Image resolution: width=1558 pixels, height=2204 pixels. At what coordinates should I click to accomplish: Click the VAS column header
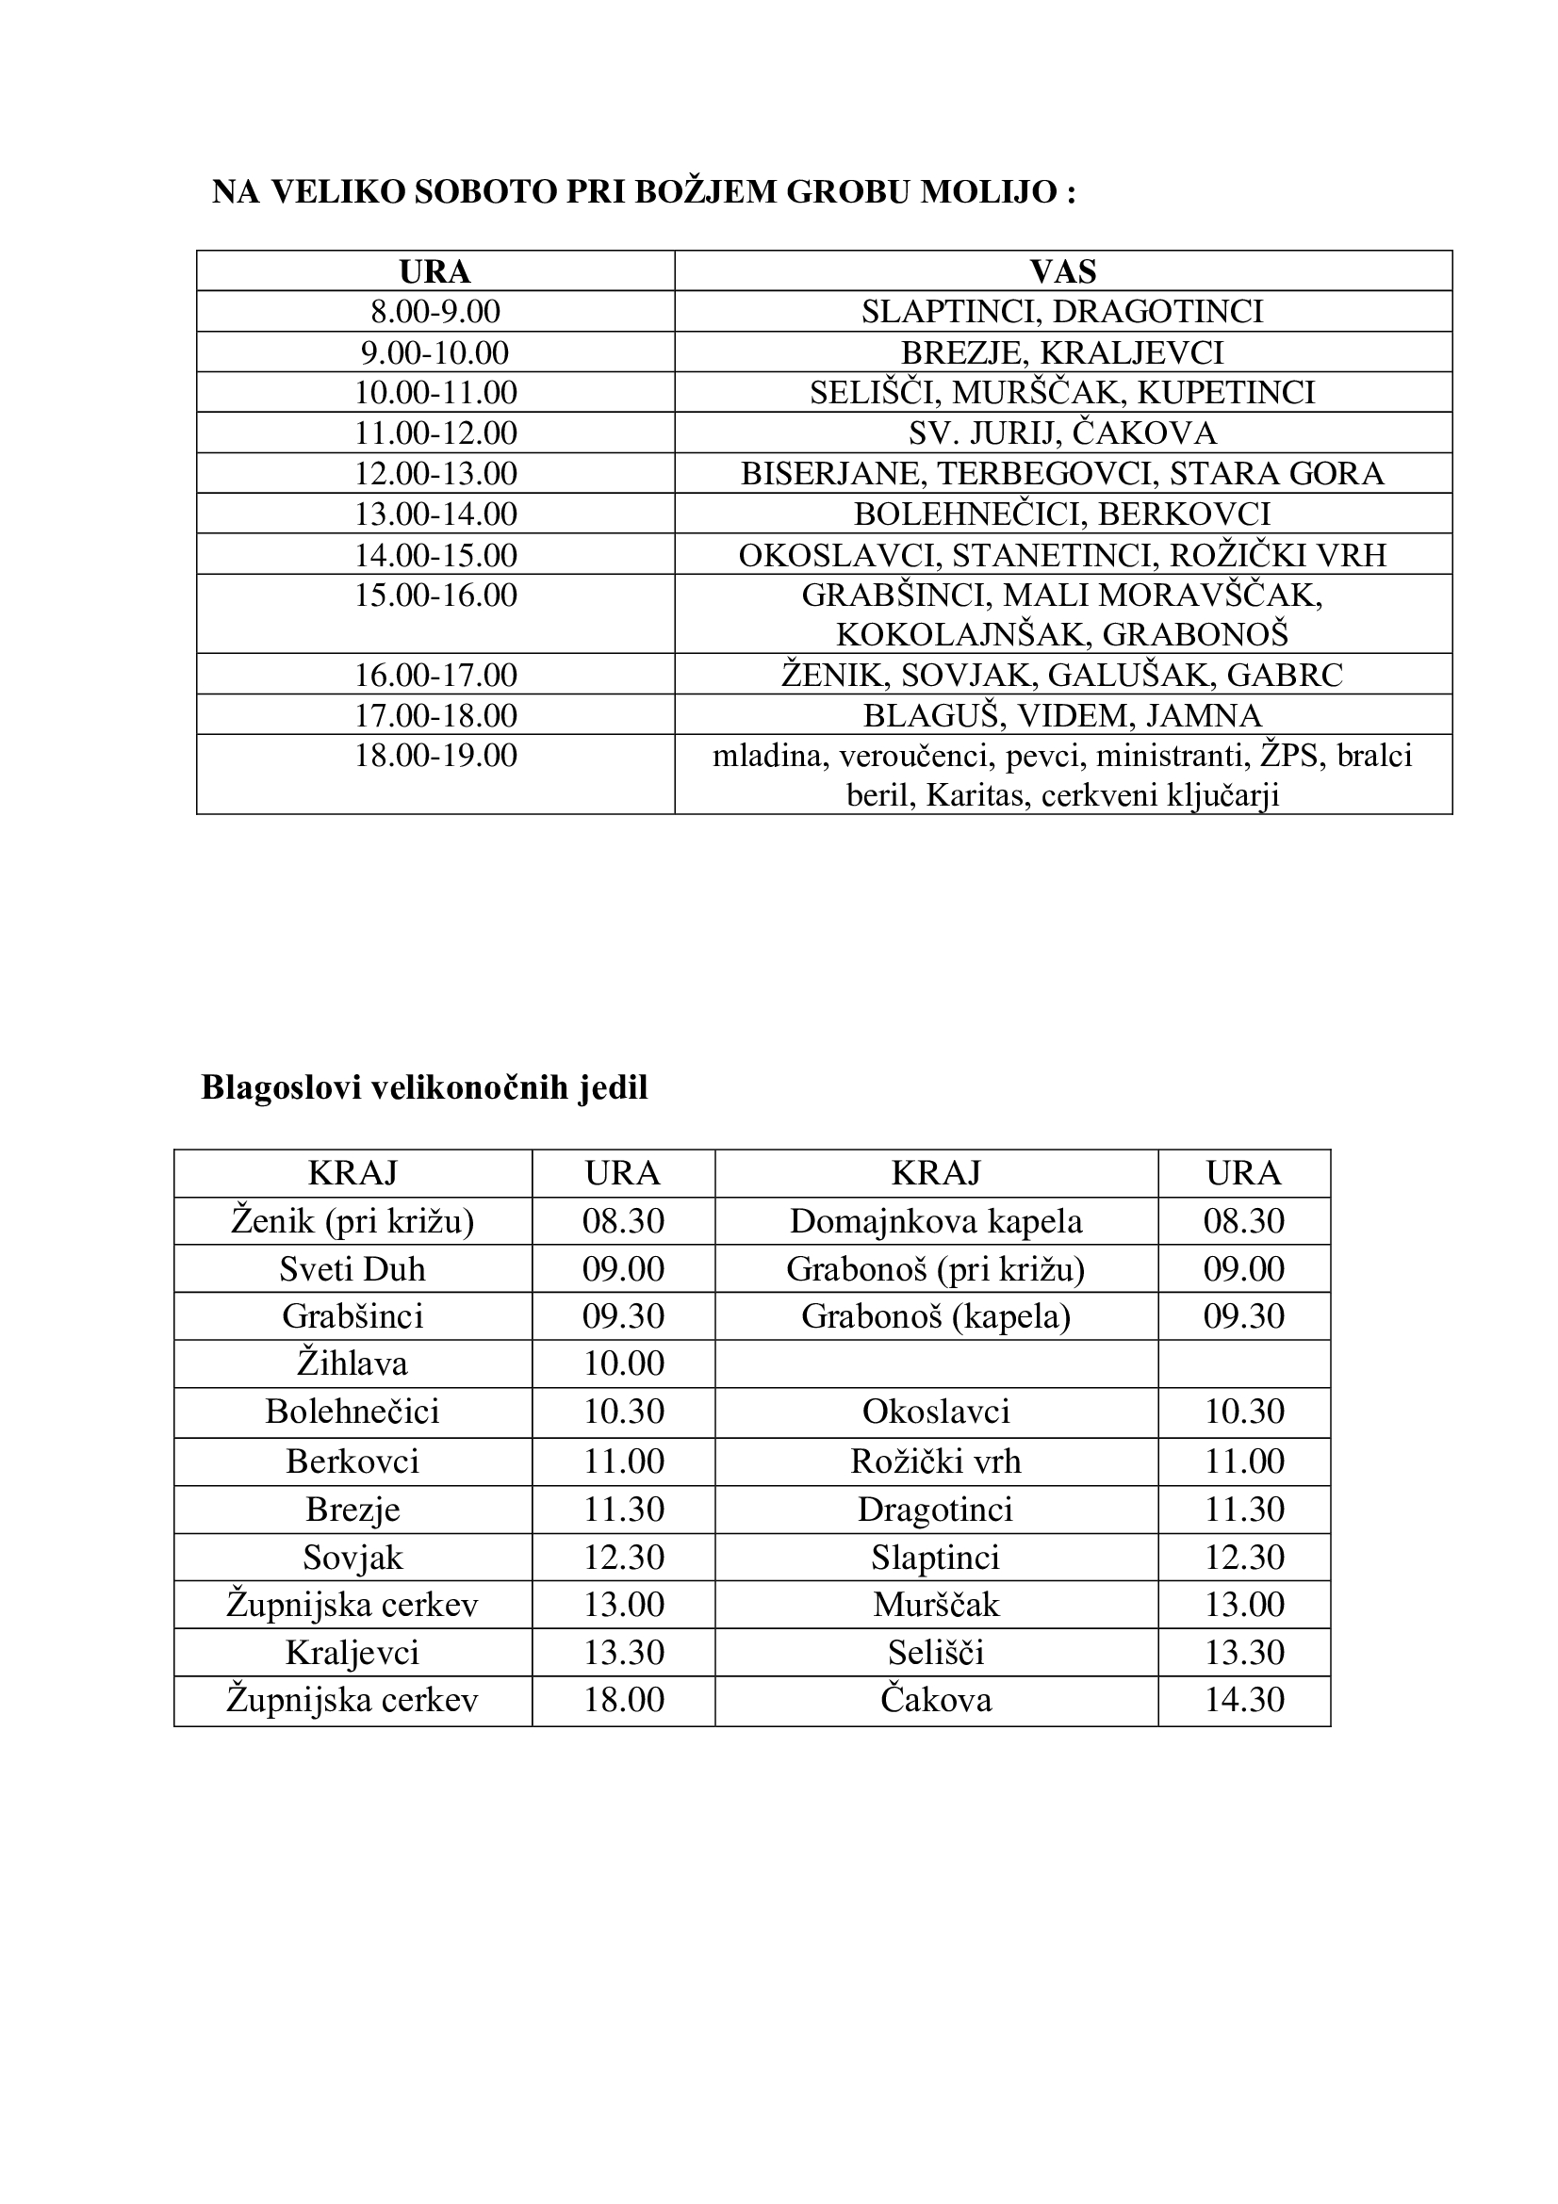1062,271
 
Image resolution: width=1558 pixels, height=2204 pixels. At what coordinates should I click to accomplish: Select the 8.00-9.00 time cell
435,312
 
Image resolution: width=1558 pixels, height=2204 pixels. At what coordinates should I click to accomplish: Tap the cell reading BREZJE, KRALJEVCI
1062,352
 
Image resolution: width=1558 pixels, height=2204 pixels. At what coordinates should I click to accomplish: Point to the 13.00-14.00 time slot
435,514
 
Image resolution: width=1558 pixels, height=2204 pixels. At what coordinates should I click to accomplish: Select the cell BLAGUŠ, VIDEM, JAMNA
1062,715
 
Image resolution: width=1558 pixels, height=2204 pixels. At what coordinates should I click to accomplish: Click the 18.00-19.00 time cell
435,756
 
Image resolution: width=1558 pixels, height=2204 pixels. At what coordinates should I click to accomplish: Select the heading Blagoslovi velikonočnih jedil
424,1087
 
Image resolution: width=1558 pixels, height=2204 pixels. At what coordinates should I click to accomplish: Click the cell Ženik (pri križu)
353,1221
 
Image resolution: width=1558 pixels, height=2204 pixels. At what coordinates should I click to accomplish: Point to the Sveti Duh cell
353,1269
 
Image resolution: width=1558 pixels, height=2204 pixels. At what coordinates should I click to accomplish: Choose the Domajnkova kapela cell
936,1221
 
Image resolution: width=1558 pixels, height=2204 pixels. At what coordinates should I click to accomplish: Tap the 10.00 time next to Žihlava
623,1363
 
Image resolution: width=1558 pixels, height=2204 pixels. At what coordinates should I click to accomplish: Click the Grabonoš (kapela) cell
936,1315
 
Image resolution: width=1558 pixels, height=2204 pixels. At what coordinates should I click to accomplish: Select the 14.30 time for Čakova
1244,1699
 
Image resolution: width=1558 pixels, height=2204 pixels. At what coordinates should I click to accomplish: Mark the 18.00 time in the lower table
623,1699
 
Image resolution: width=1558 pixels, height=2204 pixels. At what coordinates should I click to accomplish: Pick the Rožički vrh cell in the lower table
936,1461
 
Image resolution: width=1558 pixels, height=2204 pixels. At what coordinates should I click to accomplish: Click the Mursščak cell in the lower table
936,1604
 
